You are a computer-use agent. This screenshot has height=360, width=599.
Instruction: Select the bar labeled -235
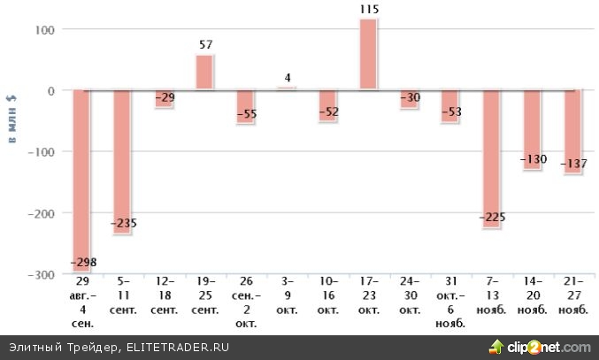[122, 150]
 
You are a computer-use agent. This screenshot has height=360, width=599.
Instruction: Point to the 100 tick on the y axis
[43, 29]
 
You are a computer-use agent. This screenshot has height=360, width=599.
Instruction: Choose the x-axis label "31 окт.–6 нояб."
[450, 305]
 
